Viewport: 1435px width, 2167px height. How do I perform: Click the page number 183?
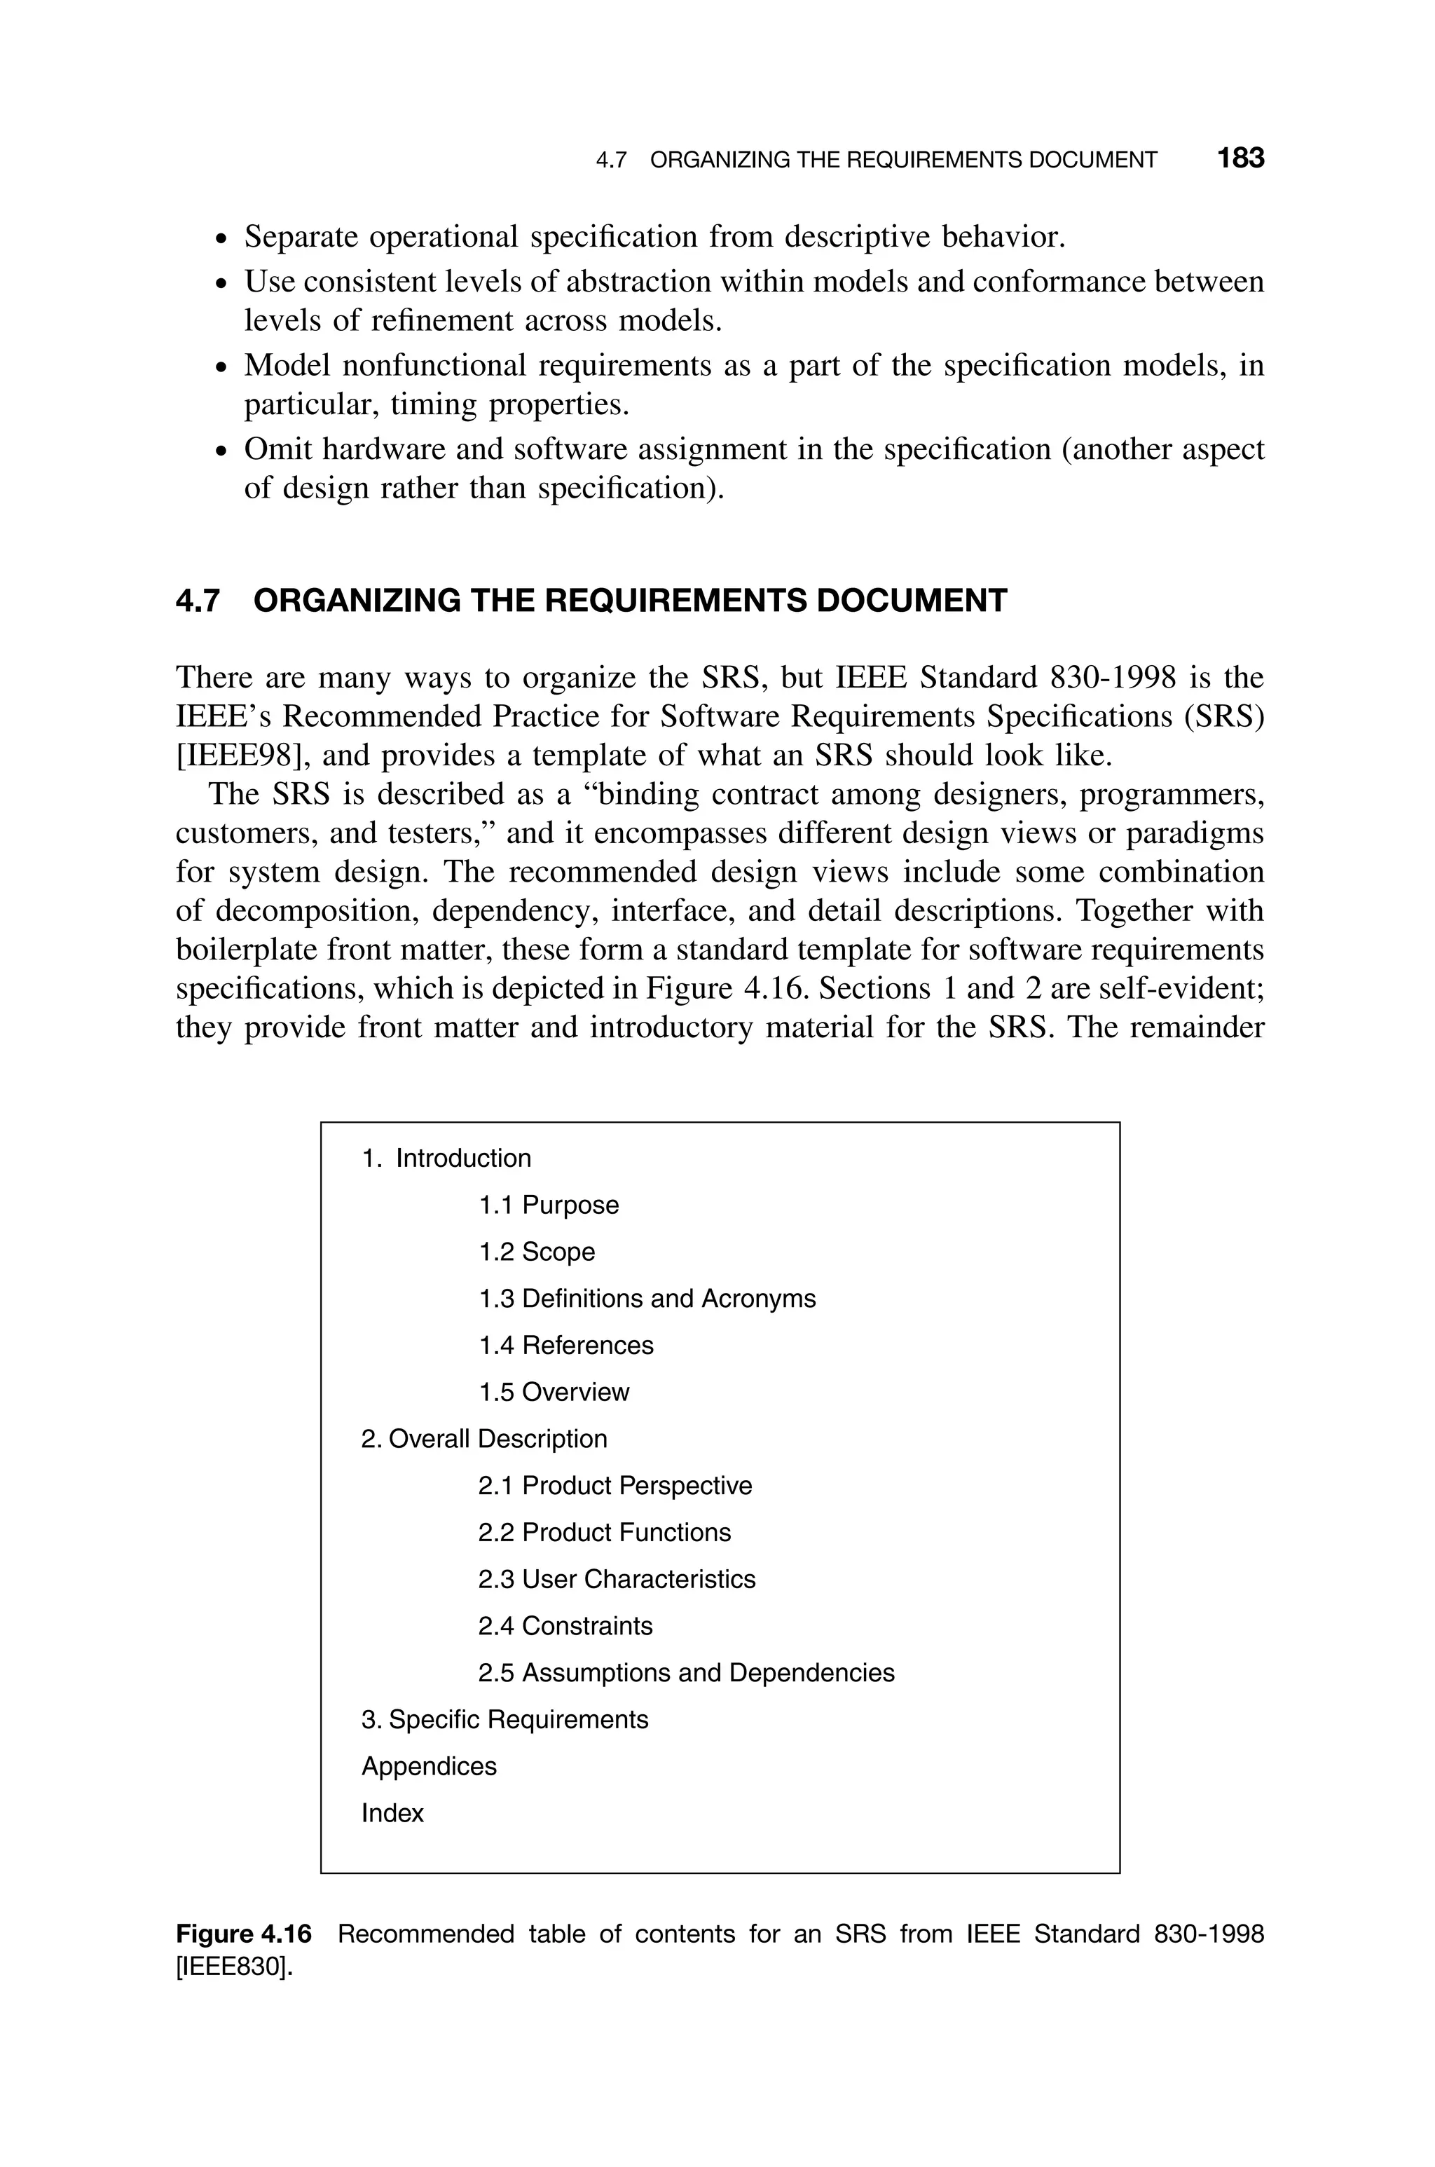[1240, 158]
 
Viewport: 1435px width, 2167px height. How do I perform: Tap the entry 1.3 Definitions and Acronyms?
[647, 1299]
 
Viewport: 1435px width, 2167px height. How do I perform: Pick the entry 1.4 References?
[565, 1345]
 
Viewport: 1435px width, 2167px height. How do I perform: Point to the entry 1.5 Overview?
[554, 1392]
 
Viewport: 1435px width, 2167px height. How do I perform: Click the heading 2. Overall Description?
[484, 1439]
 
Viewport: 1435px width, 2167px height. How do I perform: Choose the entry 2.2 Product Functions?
[604, 1532]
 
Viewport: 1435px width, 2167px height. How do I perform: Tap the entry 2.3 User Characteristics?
[616, 1578]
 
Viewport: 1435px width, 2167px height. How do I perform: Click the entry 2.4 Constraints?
[565, 1625]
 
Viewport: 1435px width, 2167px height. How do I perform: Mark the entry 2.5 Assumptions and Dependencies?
[685, 1672]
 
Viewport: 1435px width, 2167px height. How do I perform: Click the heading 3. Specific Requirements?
[504, 1718]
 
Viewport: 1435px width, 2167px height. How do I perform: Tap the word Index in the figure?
[392, 1813]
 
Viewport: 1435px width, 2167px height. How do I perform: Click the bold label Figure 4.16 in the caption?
[243, 1934]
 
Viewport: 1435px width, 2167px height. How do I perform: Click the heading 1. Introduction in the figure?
[446, 1158]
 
